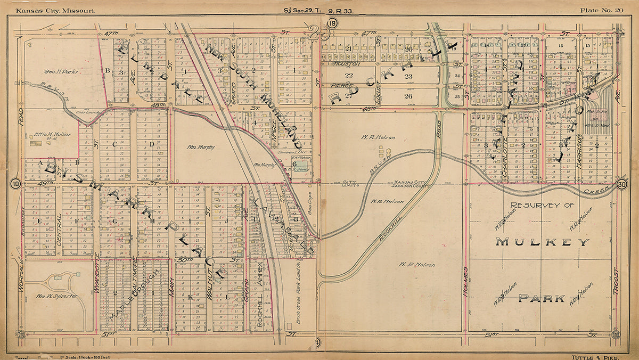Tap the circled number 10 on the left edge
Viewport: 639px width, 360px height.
(x=14, y=184)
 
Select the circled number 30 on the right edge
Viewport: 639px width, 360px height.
(x=622, y=184)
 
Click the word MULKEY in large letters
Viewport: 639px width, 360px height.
(x=543, y=242)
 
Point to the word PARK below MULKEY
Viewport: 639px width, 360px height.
(x=542, y=298)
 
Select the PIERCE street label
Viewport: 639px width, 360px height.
(x=341, y=85)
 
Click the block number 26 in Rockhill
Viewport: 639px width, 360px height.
(x=408, y=96)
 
